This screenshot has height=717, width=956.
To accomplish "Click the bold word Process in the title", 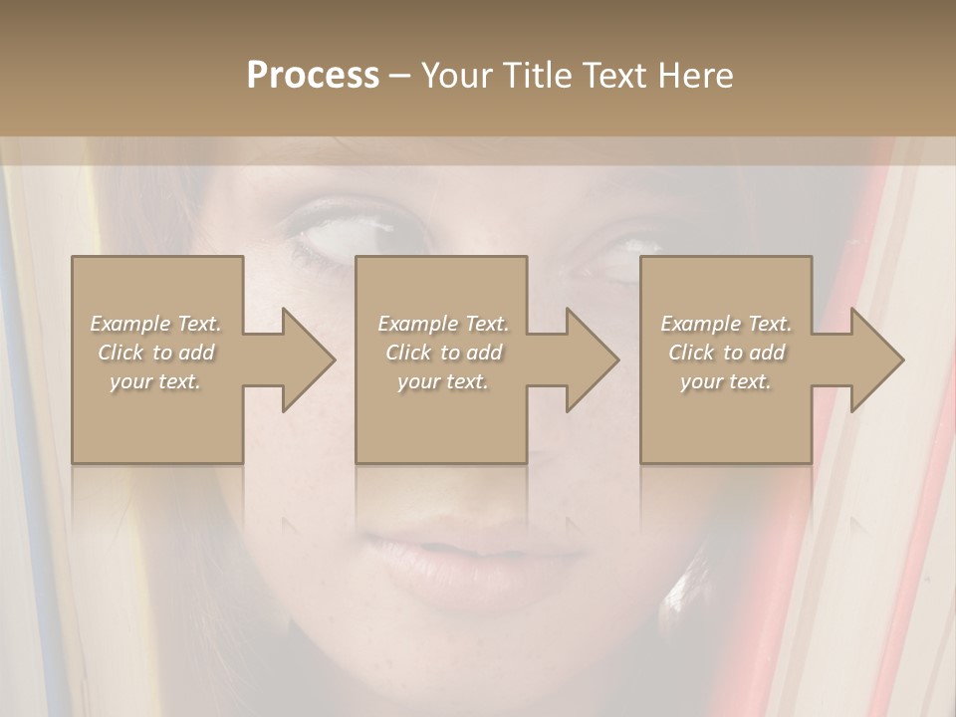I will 313,76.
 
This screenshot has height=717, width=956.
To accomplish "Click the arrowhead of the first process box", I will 308,359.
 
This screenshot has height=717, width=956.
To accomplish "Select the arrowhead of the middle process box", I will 592,359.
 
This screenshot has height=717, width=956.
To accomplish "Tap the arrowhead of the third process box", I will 876,359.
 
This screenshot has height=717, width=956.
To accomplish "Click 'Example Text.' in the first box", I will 156,324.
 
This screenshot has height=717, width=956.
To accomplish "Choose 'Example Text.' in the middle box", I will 443,324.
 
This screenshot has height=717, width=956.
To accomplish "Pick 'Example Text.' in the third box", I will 726,324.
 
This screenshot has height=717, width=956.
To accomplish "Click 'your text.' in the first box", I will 155,381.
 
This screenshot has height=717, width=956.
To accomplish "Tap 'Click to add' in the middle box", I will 443,353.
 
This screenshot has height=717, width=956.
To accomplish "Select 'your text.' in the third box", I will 726,381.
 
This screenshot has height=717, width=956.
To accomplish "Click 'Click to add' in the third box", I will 726,353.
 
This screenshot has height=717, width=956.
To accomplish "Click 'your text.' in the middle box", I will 443,381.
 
